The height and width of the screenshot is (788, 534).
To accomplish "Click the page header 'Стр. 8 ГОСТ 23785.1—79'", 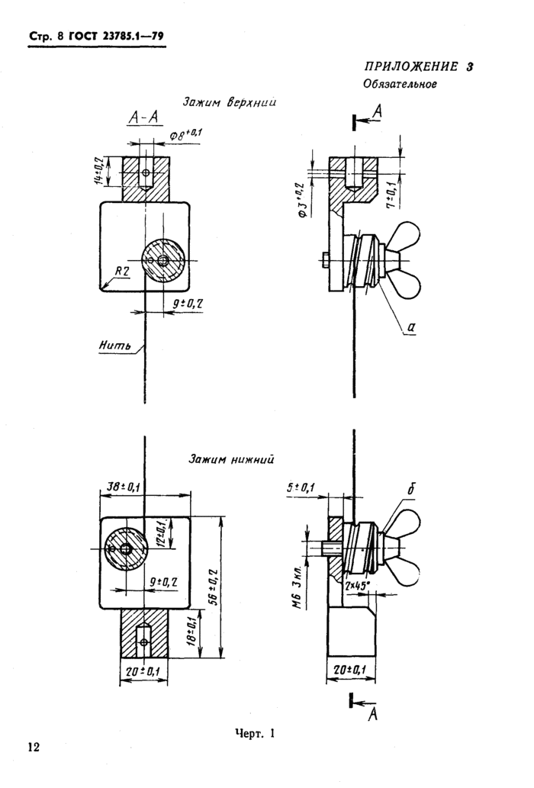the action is pos(96,37).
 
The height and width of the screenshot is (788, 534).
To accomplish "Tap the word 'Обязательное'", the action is pos(400,84).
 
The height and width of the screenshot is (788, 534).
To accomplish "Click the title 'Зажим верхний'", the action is pos(229,102).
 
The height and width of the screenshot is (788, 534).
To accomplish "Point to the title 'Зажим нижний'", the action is pos(231,458).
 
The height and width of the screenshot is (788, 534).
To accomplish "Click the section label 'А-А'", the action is pos(143,117).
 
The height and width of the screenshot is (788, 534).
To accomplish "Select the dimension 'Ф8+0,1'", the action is pos(185,135).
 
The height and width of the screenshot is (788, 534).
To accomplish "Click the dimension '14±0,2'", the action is pos(99,170).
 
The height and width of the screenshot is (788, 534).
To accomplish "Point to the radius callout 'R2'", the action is pos(121,272).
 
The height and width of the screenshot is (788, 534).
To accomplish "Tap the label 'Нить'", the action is pos(115,346).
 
